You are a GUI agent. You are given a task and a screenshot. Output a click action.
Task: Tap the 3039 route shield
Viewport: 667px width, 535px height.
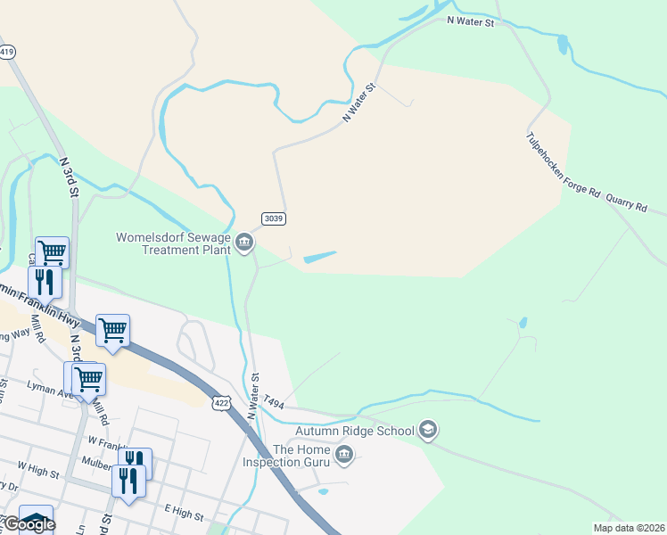(274, 218)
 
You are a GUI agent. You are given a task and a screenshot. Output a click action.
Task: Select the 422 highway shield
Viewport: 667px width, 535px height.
(221, 403)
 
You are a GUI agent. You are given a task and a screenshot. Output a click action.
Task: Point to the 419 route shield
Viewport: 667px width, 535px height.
(7, 53)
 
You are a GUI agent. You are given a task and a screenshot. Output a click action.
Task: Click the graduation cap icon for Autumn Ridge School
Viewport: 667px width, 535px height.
(428, 431)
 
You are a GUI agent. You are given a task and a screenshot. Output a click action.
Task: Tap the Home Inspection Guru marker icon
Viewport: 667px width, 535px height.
(344, 457)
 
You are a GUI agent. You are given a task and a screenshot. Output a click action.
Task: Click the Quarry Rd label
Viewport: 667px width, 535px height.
(626, 204)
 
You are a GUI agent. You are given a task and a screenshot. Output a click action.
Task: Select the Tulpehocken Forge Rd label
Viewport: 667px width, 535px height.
(564, 170)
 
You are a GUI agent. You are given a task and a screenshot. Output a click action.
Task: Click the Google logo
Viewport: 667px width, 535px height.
(29, 524)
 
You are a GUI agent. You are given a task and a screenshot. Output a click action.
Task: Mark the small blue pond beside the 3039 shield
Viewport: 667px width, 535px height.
(320, 258)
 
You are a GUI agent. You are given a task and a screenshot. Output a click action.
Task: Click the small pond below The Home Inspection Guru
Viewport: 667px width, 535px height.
(323, 491)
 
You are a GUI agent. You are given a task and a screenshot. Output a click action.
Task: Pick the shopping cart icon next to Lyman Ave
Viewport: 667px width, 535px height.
(88, 379)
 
